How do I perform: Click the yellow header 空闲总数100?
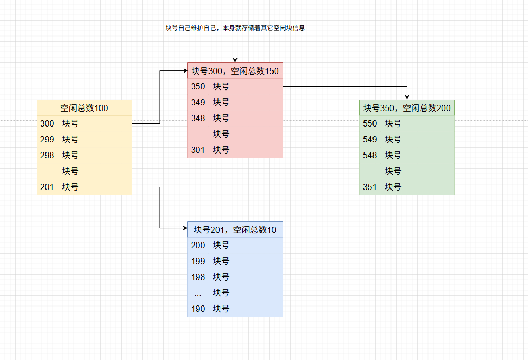(84, 108)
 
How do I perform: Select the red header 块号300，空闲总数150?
(235, 71)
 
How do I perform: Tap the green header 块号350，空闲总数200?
(407, 108)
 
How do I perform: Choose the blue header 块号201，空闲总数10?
(235, 230)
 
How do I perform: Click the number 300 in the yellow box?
(47, 124)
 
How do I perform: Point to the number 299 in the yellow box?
(47, 140)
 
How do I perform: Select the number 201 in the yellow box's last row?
(47, 187)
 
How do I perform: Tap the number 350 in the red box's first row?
(198, 87)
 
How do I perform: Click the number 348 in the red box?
(198, 119)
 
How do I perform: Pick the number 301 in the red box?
(198, 150)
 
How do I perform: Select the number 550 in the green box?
(370, 124)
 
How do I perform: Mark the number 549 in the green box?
(370, 140)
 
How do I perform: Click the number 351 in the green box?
(370, 187)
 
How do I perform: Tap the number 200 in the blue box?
(198, 246)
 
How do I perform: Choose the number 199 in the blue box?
(198, 262)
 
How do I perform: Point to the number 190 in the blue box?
(198, 309)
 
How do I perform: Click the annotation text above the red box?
(235, 28)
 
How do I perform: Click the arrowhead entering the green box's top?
(407, 97)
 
